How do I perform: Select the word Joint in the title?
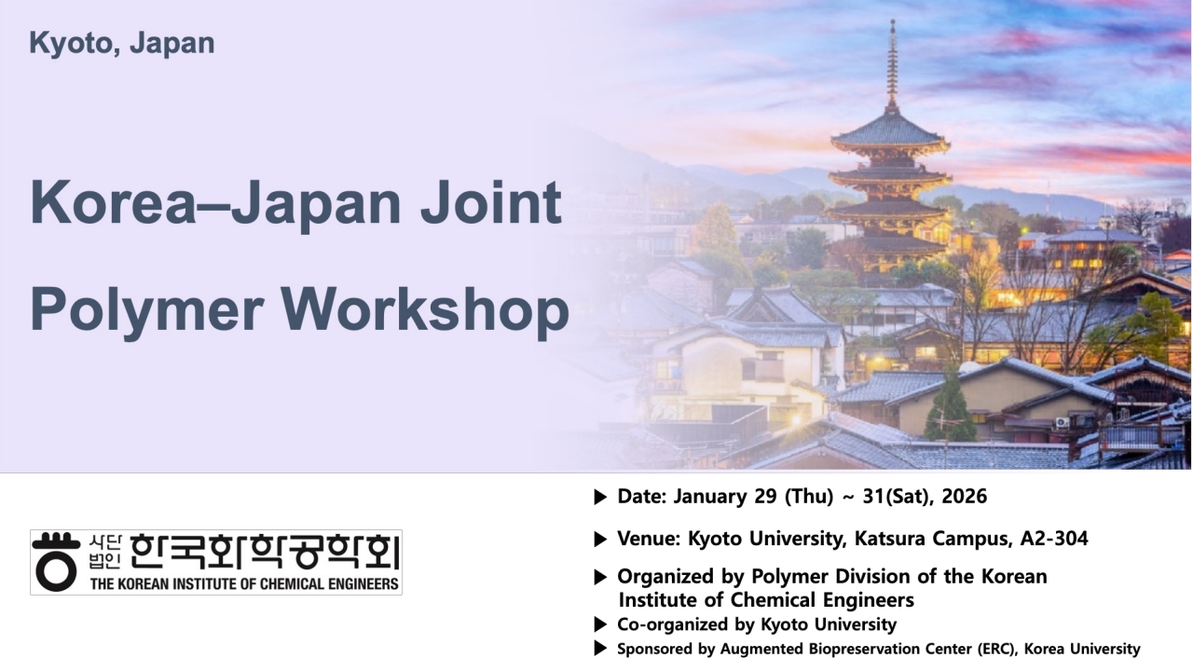click(x=490, y=203)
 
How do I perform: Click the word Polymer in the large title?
click(x=147, y=310)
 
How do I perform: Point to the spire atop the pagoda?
click(x=892, y=64)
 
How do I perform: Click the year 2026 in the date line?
click(x=964, y=497)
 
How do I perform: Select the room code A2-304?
click(x=1054, y=539)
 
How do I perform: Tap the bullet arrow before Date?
click(x=600, y=498)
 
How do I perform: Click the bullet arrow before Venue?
click(x=600, y=540)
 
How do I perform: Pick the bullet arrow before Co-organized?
click(x=600, y=624)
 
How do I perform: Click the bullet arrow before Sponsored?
click(x=600, y=649)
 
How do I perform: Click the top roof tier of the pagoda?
click(x=890, y=130)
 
